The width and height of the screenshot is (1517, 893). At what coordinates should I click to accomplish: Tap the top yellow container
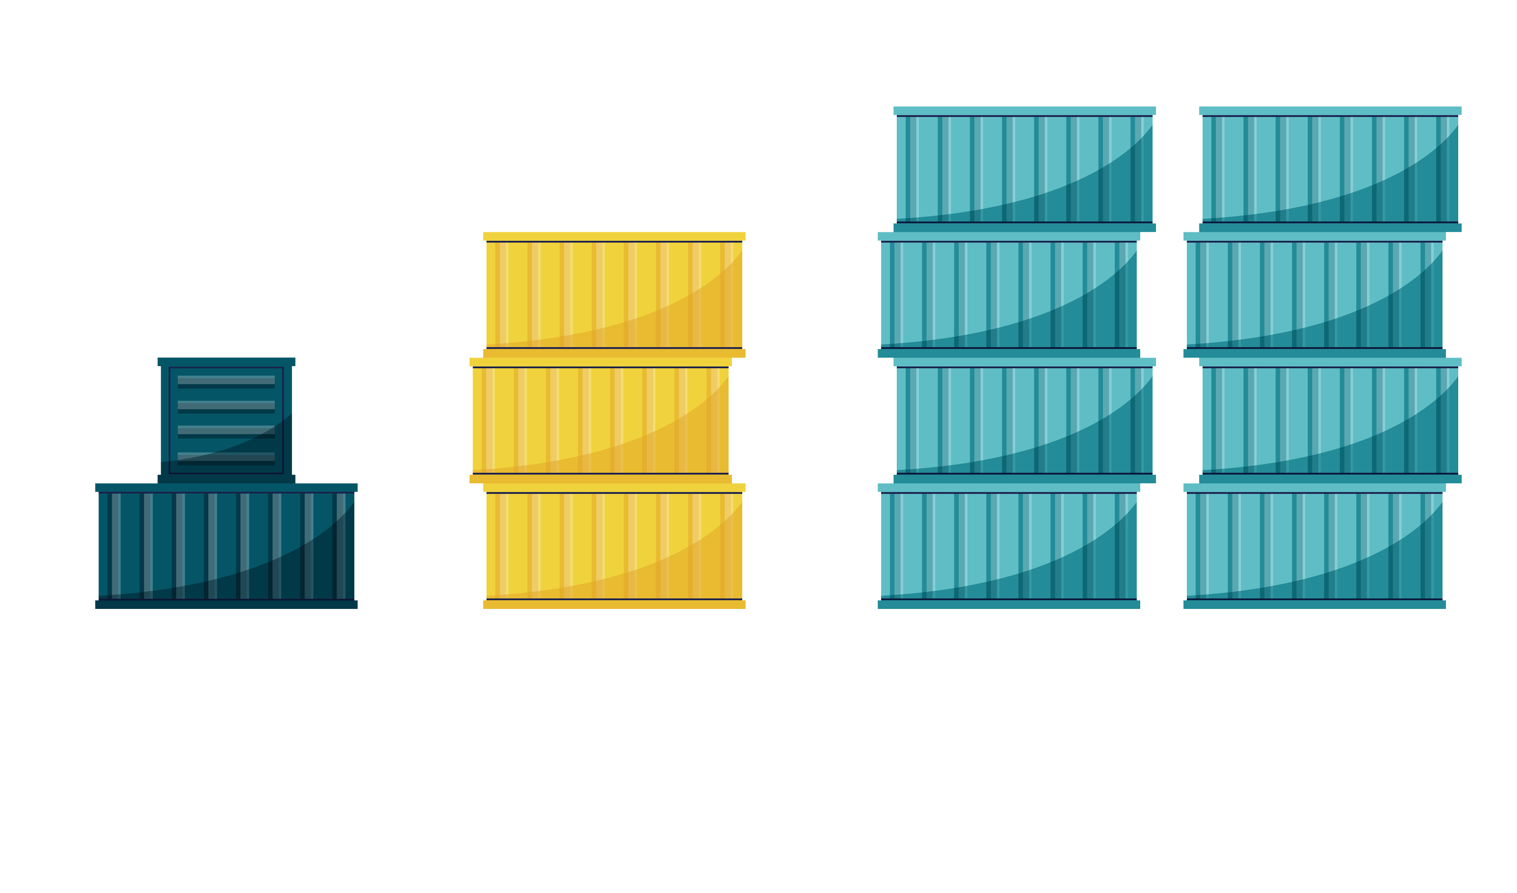(x=613, y=294)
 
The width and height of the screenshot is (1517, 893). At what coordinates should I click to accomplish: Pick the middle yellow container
(x=600, y=420)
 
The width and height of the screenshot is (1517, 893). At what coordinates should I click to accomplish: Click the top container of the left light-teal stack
(x=1024, y=169)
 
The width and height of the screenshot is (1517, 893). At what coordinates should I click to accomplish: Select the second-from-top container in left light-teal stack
(x=1009, y=294)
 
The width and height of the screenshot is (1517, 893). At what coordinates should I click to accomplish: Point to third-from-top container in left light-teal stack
(x=1024, y=420)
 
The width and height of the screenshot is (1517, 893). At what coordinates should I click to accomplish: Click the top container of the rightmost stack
(x=1329, y=169)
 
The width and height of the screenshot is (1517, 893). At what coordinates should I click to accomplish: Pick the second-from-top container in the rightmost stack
(x=1314, y=294)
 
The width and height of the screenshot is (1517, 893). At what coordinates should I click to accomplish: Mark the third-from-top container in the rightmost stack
(x=1329, y=420)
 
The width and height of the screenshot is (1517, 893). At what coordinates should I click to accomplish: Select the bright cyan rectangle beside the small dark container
(x=381, y=420)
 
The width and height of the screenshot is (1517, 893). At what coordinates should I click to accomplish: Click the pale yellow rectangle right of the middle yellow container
(x=811, y=420)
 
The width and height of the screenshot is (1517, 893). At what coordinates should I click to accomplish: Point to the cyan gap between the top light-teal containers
(x=1177, y=169)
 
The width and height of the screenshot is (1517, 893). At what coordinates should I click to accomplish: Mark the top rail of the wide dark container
(x=226, y=487)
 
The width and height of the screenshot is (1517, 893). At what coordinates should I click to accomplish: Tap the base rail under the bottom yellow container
(x=613, y=604)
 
